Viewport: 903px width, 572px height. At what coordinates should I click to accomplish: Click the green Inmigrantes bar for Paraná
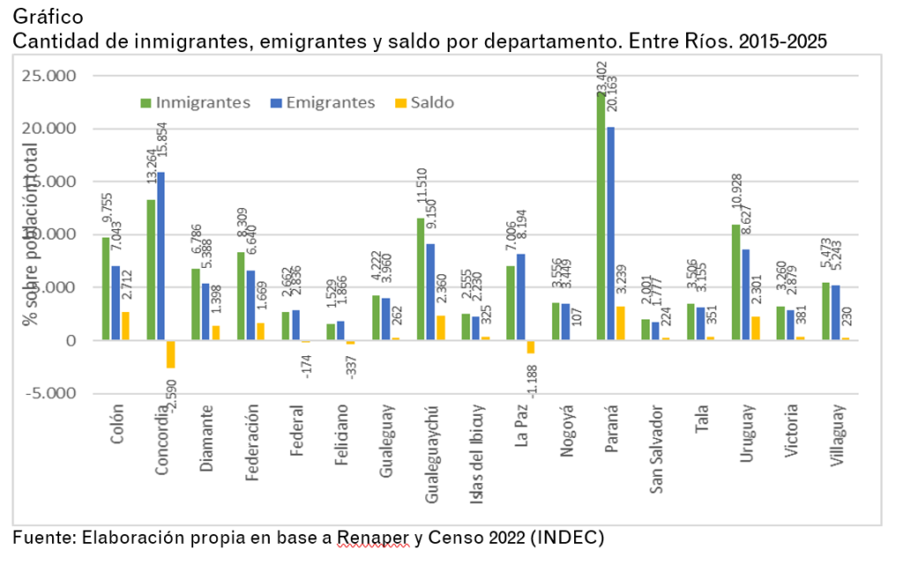click(601, 216)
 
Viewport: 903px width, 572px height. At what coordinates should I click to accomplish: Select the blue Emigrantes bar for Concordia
click(160, 256)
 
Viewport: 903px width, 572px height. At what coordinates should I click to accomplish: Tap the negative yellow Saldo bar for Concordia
click(170, 353)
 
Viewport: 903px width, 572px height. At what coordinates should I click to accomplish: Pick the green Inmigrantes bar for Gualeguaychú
click(422, 279)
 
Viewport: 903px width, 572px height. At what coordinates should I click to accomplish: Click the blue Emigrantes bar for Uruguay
click(746, 294)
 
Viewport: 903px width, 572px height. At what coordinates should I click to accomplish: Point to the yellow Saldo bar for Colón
click(125, 325)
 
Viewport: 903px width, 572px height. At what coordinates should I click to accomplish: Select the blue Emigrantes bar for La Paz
click(520, 296)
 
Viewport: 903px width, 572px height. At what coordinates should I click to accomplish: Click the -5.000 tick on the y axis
click(50, 393)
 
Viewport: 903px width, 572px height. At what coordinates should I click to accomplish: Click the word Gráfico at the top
click(49, 16)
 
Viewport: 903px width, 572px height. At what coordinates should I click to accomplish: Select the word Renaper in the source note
click(373, 537)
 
